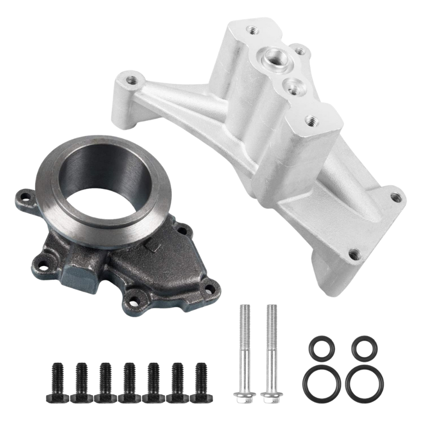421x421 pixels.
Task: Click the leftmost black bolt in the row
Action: point(57,382)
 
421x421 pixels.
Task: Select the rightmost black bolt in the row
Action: point(199,382)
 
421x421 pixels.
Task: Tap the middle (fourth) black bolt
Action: point(129,382)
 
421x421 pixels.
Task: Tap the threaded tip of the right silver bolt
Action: point(271,308)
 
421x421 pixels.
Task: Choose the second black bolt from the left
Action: point(81,382)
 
